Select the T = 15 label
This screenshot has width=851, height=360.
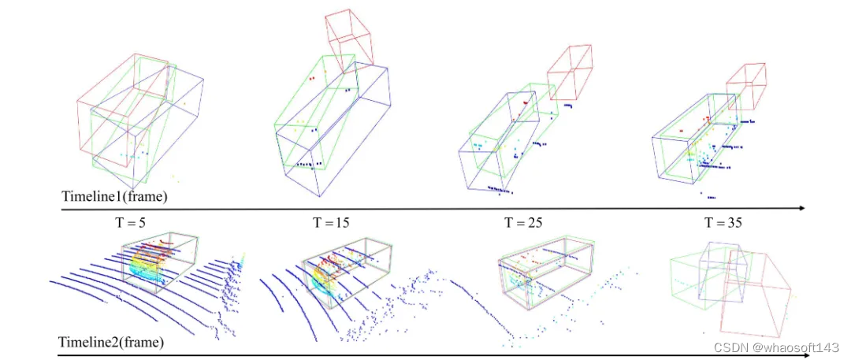[x=331, y=222]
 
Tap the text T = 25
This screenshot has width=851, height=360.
[x=524, y=222]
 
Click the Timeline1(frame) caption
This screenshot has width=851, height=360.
[x=114, y=197]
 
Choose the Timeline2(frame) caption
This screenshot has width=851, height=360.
[x=112, y=343]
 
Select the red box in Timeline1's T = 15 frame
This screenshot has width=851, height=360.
[x=348, y=41]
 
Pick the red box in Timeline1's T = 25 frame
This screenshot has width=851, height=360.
[x=570, y=72]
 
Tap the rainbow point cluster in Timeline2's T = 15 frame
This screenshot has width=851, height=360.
[x=325, y=280]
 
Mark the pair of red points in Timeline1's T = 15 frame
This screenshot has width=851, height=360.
[x=311, y=79]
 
